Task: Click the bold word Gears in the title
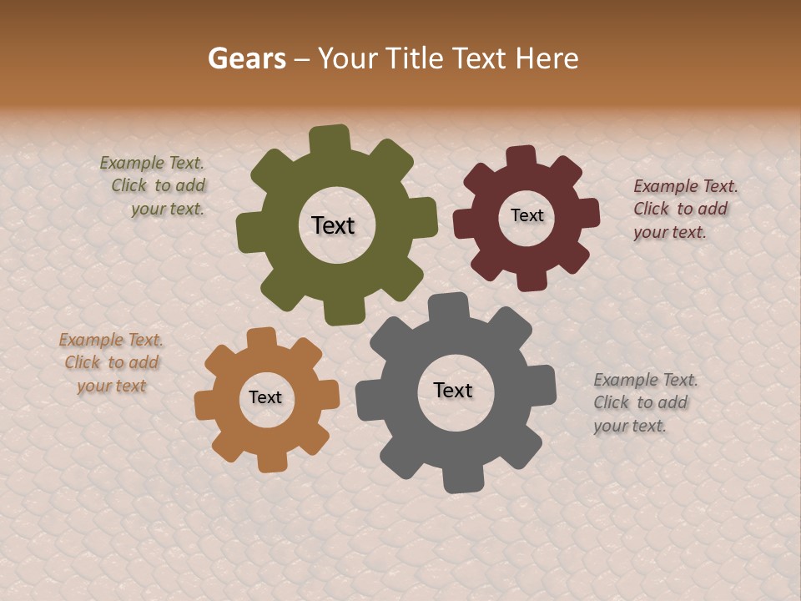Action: point(246,58)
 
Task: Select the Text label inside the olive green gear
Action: point(333,225)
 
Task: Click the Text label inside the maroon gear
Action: point(526,215)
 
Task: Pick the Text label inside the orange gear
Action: point(265,397)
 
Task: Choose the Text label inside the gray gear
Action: point(453,390)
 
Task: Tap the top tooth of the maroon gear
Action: point(521,158)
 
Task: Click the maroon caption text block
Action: point(685,209)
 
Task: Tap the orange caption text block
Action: point(111,362)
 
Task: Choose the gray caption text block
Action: point(645,402)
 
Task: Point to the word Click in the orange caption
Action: point(83,362)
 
